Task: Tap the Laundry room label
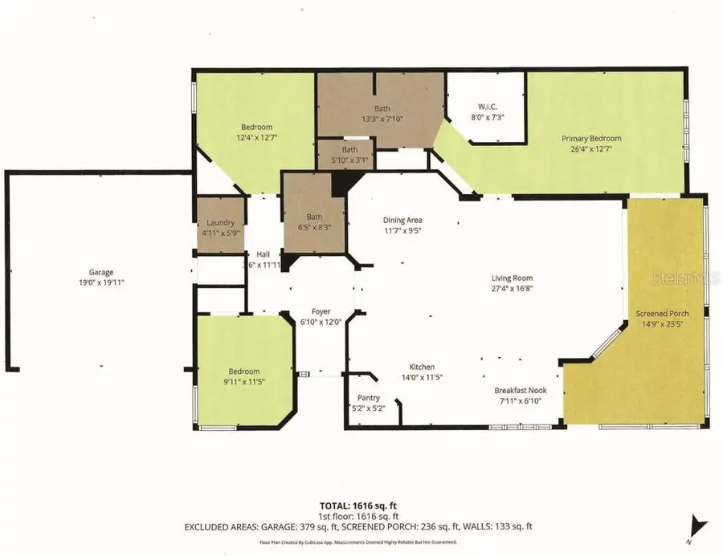coord(220,223)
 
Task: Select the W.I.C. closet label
coord(484,107)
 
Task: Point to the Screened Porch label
coord(663,313)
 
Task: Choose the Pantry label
coord(369,398)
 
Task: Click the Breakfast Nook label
coord(520,391)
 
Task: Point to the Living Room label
coord(513,278)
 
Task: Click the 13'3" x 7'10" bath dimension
coord(382,119)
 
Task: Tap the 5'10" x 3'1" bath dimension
coord(349,159)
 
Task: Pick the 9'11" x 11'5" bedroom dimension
coord(243,382)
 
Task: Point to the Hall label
coord(263,254)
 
